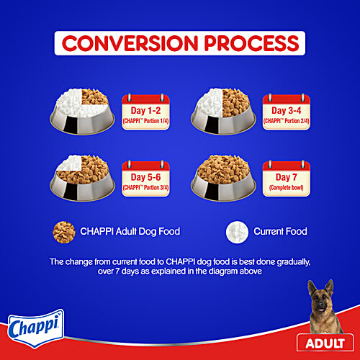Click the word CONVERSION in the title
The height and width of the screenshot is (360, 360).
(x=125, y=43)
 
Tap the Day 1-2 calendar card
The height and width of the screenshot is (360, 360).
(x=148, y=112)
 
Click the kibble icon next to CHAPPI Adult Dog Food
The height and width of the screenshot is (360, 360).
(x=64, y=231)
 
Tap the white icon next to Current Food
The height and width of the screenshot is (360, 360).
(x=236, y=231)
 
